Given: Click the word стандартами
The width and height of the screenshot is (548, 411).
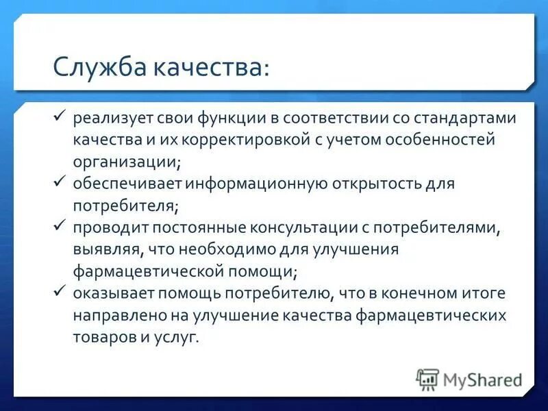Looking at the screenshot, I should click(x=466, y=119).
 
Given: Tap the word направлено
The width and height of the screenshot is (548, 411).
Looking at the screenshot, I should click(x=114, y=316).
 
